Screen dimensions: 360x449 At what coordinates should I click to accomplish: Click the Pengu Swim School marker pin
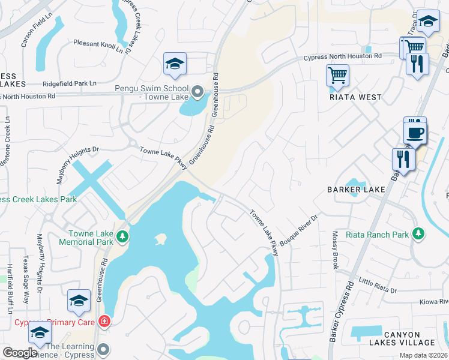(x=199, y=92)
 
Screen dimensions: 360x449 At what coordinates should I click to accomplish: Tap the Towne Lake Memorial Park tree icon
(x=122, y=236)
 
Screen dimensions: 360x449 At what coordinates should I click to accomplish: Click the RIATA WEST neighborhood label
(x=355, y=97)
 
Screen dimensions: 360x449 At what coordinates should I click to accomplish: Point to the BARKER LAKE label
(x=356, y=190)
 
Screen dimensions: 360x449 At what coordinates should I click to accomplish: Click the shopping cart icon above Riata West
(x=337, y=76)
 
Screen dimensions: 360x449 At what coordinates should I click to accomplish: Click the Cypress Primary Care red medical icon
(x=105, y=321)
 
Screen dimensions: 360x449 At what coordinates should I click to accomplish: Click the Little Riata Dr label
(x=378, y=286)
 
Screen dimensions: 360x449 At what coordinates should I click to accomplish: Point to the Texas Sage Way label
(x=26, y=281)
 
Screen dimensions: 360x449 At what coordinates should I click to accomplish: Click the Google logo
(x=20, y=353)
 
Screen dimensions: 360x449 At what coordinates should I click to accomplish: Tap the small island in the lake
(x=160, y=239)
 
